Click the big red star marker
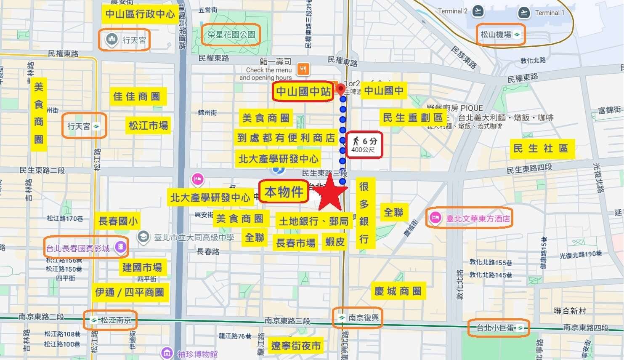point(330,193)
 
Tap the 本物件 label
point(284,192)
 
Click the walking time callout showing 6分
point(364,145)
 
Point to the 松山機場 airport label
point(500,34)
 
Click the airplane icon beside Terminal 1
point(524,12)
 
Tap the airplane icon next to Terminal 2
point(478,11)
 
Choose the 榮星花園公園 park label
point(231,34)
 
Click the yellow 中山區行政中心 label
point(140,14)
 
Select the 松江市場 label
point(148,125)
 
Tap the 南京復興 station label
point(358,317)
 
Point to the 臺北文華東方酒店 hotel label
point(470,218)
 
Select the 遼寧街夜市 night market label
point(295,346)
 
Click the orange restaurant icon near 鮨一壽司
point(303,69)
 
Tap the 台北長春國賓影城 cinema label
point(85,248)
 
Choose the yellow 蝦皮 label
point(335,242)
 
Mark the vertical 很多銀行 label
point(364,213)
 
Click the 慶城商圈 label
point(398,291)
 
